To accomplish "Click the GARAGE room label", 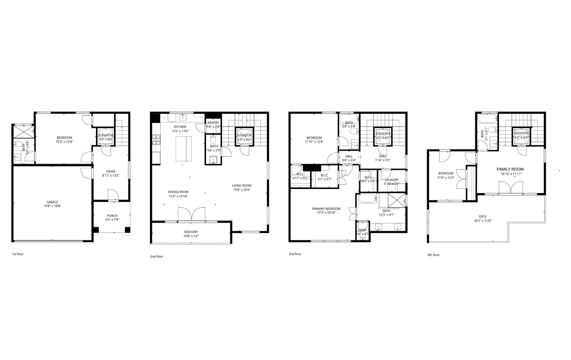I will point(52,202).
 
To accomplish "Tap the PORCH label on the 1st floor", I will point(111,217).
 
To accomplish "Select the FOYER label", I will point(111,172).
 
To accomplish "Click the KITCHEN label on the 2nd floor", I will point(180,127).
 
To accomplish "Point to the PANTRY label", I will point(213,123).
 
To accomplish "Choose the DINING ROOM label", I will point(178,191).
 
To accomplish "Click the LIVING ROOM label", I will point(242,185).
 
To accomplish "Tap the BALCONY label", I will point(191,232).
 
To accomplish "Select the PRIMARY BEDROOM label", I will point(326,208).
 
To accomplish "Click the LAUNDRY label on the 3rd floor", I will point(392,180).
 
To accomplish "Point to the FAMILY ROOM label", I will point(510,169).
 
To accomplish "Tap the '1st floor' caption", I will point(18,254).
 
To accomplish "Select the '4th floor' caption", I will point(434,255).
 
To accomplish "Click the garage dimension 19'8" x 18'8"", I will point(52,206).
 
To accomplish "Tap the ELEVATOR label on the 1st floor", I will point(105,135).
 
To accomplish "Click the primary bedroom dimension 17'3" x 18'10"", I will point(326,212).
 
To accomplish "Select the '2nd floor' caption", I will point(157,256).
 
